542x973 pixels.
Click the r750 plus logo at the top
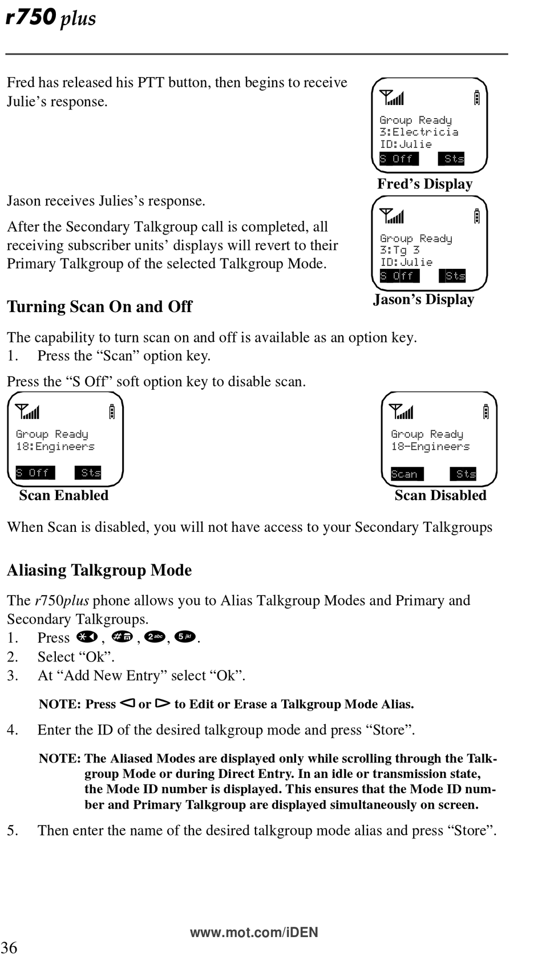coord(51,17)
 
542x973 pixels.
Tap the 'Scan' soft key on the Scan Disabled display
coord(407,474)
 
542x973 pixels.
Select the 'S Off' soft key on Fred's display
coord(399,159)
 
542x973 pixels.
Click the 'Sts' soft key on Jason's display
coord(452,276)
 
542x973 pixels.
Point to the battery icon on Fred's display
coord(477,98)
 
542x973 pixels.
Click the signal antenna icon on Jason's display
coord(391,216)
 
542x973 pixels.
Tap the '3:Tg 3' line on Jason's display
coord(399,250)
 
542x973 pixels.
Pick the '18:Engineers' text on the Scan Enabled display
coord(55,446)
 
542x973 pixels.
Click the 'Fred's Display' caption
coord(424,184)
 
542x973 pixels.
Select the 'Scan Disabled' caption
coord(440,495)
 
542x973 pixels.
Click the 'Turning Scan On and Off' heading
coord(99,306)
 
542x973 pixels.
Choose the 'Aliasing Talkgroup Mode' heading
coord(99,570)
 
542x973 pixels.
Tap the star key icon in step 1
coord(87,637)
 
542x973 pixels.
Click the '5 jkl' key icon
coord(185,637)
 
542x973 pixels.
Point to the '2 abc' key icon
coord(155,637)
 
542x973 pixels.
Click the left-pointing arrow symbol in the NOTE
coord(127,703)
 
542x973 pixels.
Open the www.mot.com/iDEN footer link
coord(254,932)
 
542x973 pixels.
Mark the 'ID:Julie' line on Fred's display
coord(406,144)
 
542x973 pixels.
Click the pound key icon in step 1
coord(122,637)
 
